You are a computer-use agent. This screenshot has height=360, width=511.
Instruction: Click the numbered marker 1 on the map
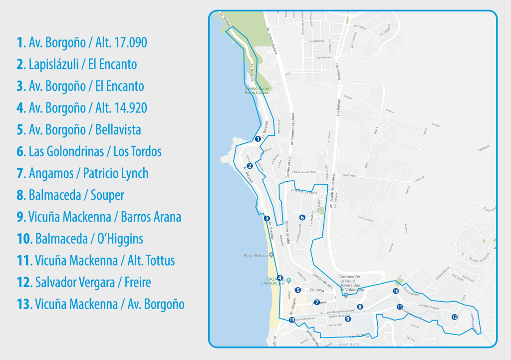point(257,139)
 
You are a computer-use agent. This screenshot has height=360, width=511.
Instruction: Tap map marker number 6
point(302,217)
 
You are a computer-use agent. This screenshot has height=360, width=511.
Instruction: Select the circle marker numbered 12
point(454,317)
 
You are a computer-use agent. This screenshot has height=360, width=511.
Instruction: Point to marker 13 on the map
point(292,320)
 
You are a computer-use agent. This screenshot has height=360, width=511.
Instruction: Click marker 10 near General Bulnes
point(396,291)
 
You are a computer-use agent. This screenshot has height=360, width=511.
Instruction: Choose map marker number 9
point(348,319)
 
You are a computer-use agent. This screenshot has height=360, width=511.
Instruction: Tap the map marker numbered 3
point(267,218)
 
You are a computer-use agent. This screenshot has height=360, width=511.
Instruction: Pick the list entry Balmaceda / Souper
point(70,195)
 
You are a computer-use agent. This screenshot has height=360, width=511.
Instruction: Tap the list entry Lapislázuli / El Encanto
point(76,64)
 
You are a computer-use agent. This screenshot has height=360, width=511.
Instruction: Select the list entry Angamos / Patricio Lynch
point(82,173)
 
